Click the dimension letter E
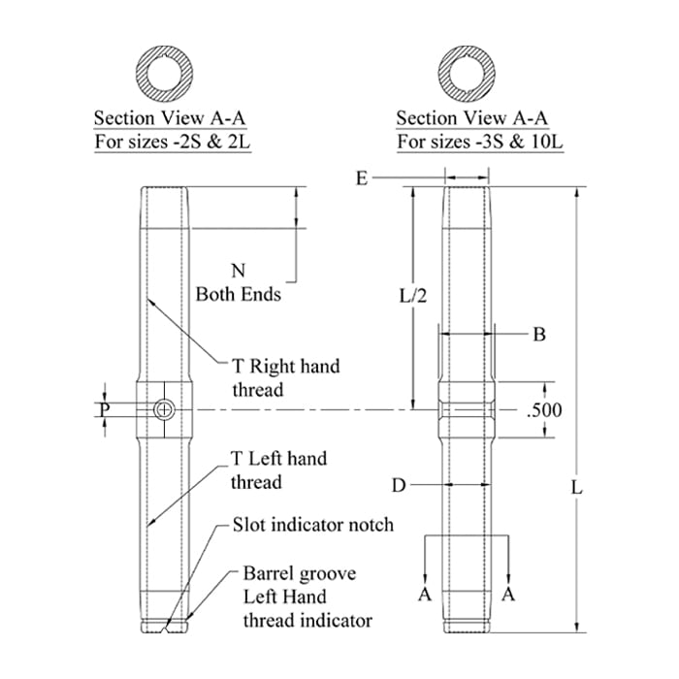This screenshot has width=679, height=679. pos(362,178)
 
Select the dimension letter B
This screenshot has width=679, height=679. pos(539,334)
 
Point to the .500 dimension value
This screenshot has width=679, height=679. pos(543,409)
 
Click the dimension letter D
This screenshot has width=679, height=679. pos(398,482)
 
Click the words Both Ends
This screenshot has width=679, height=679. pos(239,293)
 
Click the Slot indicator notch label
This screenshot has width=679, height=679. pos(313,525)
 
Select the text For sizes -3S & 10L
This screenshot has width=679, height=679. pos(480,143)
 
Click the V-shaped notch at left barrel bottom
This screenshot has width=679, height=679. pos(167,628)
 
